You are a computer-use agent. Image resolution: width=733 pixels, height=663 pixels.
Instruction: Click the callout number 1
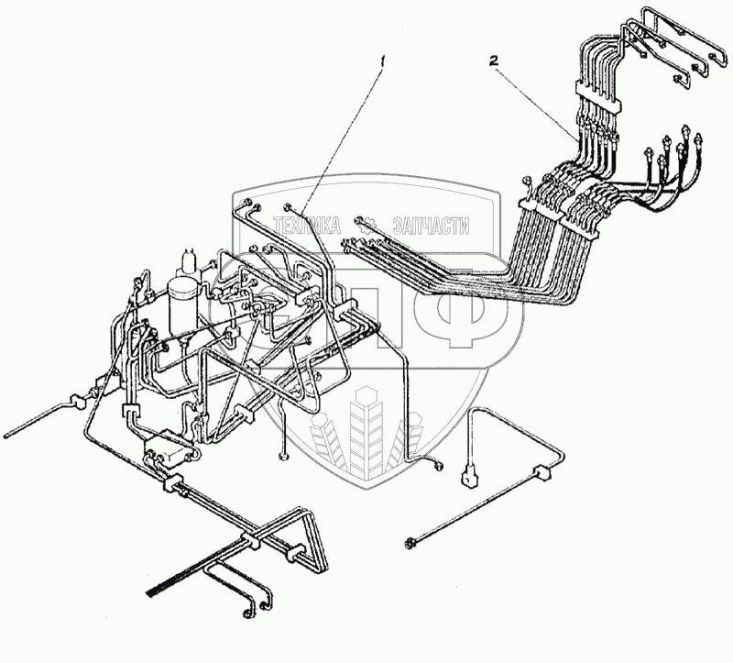click(x=385, y=62)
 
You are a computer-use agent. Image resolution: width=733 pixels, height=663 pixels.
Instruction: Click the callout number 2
click(x=494, y=61)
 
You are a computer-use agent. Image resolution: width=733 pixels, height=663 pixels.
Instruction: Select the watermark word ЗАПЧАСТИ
click(x=430, y=226)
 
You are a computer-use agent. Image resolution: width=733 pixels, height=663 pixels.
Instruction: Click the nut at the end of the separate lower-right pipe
click(x=409, y=544)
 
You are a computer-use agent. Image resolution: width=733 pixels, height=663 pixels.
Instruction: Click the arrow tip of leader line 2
click(x=579, y=138)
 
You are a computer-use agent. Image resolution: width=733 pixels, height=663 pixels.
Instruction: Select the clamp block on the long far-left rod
click(x=75, y=402)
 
